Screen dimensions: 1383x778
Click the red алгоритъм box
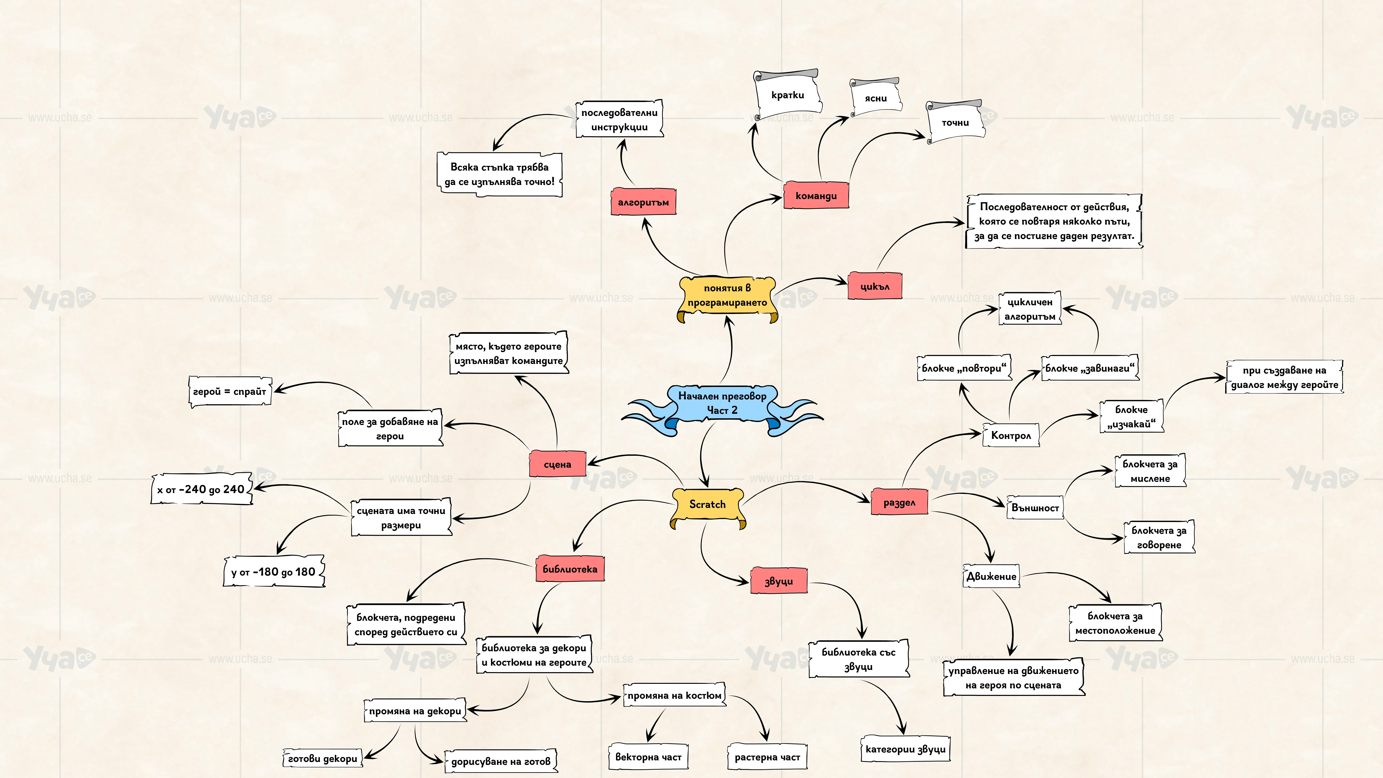[643, 202]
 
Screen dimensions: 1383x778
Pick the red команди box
[816, 196]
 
